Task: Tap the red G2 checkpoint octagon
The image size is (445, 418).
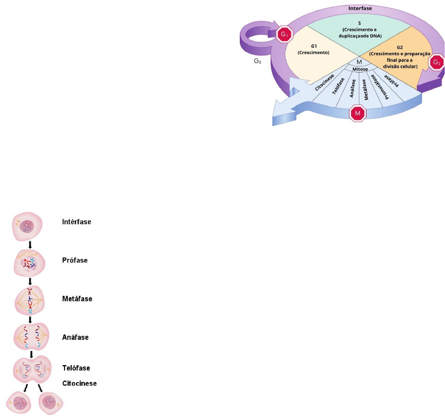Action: [436, 61]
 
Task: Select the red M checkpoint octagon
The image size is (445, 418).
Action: [358, 113]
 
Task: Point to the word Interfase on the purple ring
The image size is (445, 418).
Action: [361, 8]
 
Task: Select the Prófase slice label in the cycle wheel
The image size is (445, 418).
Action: [393, 80]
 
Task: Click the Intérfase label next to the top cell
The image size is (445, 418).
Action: [77, 221]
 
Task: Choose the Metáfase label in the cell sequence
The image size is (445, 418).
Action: [77, 299]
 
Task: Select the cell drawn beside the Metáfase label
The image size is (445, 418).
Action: [30, 300]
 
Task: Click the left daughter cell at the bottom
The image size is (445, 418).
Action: [19, 402]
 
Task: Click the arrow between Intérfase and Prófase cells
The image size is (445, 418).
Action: [30, 245]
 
